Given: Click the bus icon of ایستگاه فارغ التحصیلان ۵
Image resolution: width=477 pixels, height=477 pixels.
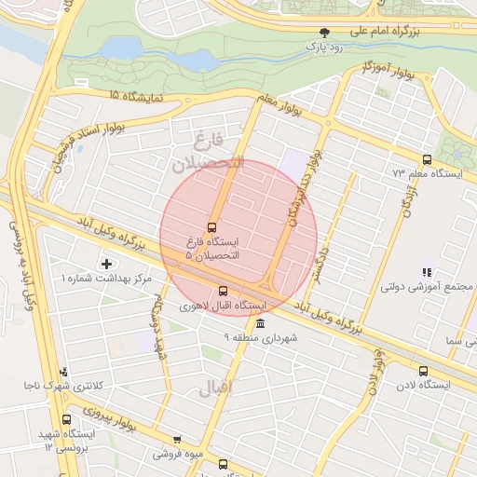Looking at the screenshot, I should point(212,226).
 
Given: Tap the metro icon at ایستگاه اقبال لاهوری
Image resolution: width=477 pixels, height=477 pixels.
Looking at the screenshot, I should point(222,290).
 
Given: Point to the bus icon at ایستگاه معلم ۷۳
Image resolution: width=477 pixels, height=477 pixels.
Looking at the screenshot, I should point(427,159).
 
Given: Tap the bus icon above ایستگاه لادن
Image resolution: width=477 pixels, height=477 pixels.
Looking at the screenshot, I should point(424,370).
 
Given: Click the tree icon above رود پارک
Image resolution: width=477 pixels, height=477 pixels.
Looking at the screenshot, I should point(324,32).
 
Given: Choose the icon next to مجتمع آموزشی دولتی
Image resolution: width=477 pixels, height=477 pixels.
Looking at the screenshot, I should point(427,273).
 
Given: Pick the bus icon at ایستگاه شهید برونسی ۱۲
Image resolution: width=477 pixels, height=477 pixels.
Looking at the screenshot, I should point(64,420).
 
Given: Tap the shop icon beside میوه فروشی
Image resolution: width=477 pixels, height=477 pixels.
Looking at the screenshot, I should point(177,440).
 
